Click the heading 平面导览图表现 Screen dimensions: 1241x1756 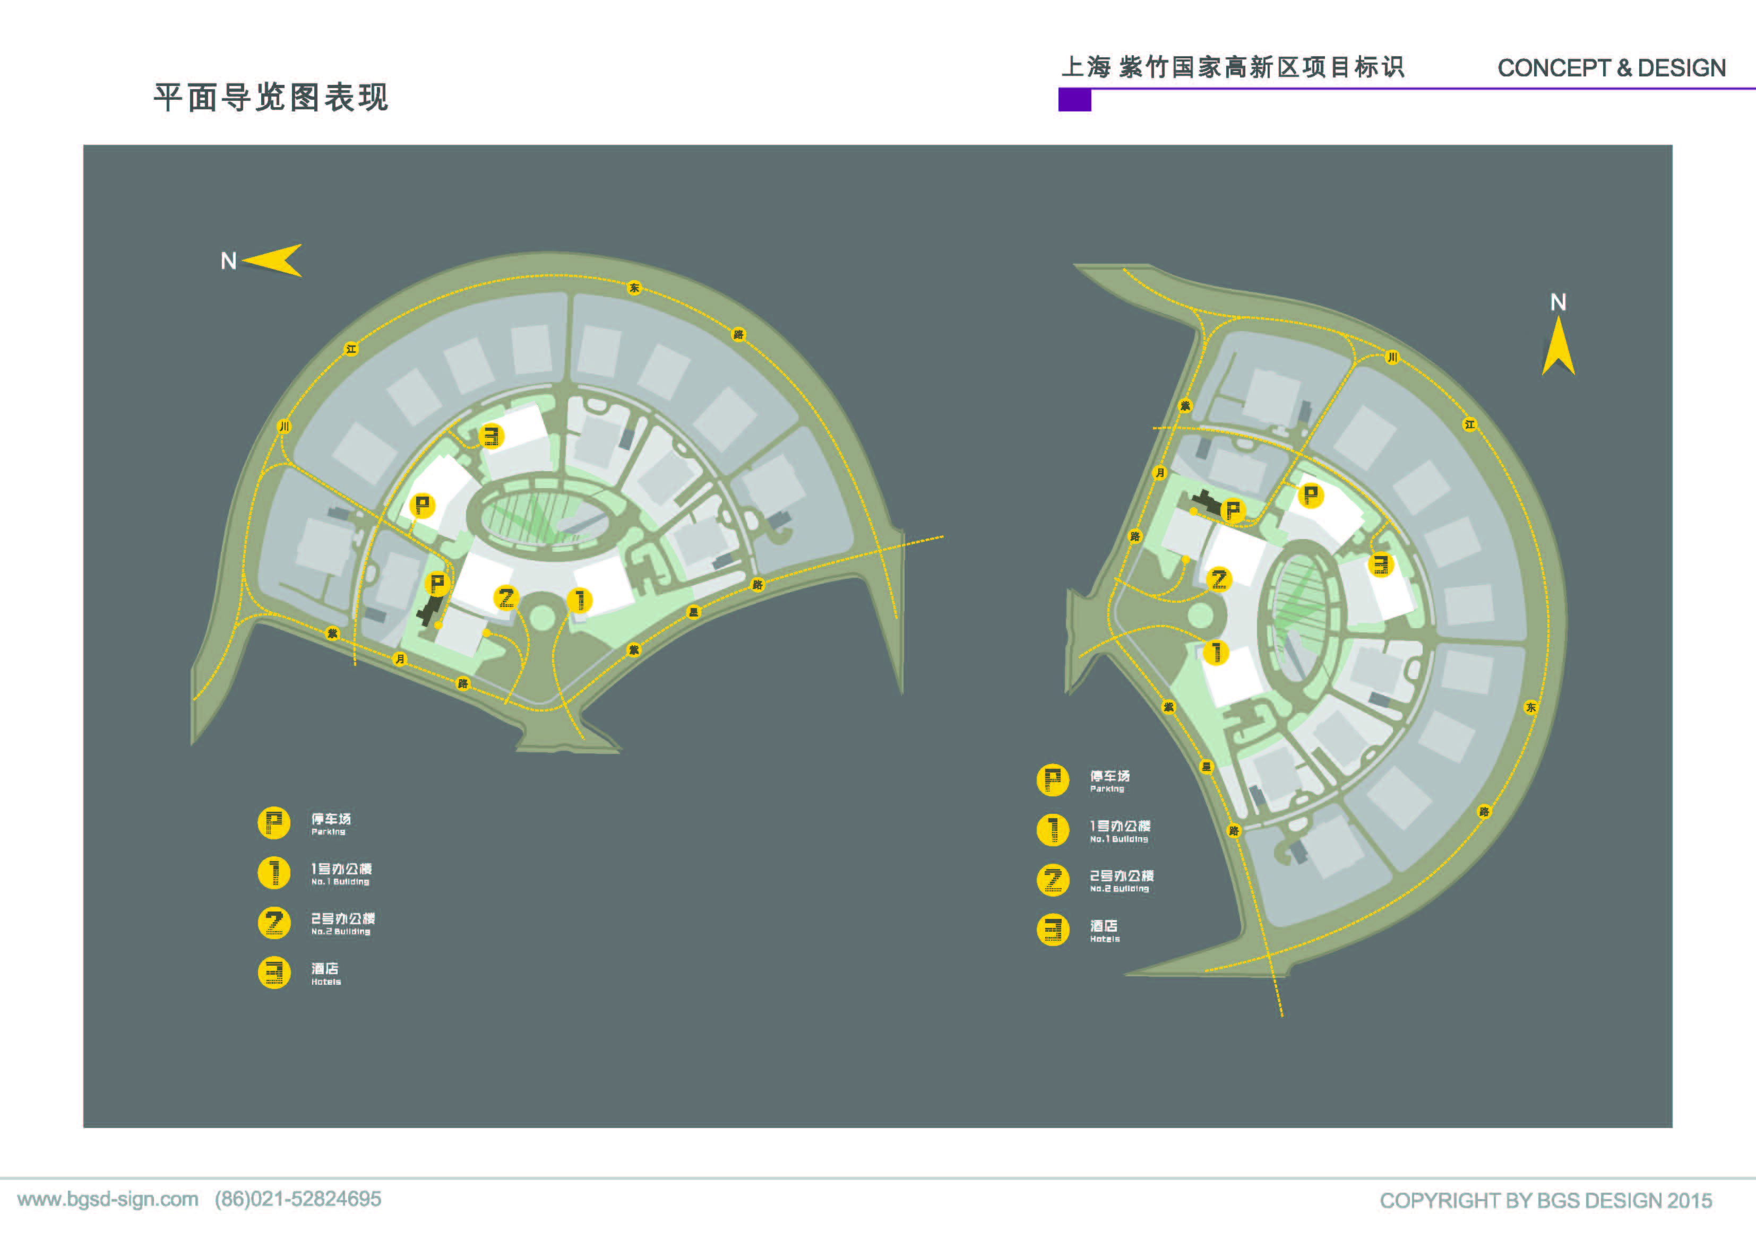(271, 98)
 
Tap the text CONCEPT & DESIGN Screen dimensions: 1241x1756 (1611, 68)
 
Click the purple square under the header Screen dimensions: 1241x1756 (1074, 100)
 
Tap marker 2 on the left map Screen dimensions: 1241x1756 (506, 597)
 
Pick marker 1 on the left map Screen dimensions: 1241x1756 (580, 600)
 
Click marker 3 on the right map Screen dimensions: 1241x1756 (1381, 565)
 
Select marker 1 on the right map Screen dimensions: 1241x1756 (1216, 652)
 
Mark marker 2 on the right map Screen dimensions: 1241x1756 (1218, 579)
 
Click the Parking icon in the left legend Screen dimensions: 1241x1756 (274, 823)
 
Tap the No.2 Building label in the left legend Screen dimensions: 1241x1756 (342, 923)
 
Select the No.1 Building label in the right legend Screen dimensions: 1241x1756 (1120, 830)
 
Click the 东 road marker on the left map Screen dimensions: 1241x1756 (634, 288)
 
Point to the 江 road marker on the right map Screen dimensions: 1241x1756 (1469, 424)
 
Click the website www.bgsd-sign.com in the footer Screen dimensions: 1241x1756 (108, 1199)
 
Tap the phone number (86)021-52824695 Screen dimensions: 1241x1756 (297, 1199)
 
